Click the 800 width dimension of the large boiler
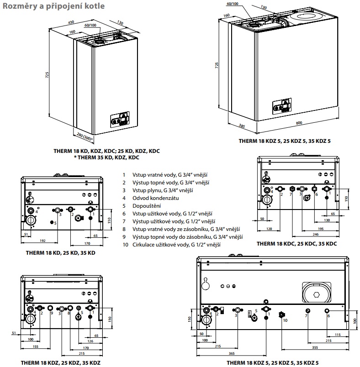pyautogui.click(x=299, y=124)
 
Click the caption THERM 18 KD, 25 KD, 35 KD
pyautogui.click(x=60, y=252)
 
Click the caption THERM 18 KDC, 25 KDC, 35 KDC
pyautogui.click(x=296, y=244)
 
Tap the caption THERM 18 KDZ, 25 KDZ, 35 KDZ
pyautogui.click(x=60, y=362)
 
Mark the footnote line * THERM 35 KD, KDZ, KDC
pyautogui.click(x=106, y=157)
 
